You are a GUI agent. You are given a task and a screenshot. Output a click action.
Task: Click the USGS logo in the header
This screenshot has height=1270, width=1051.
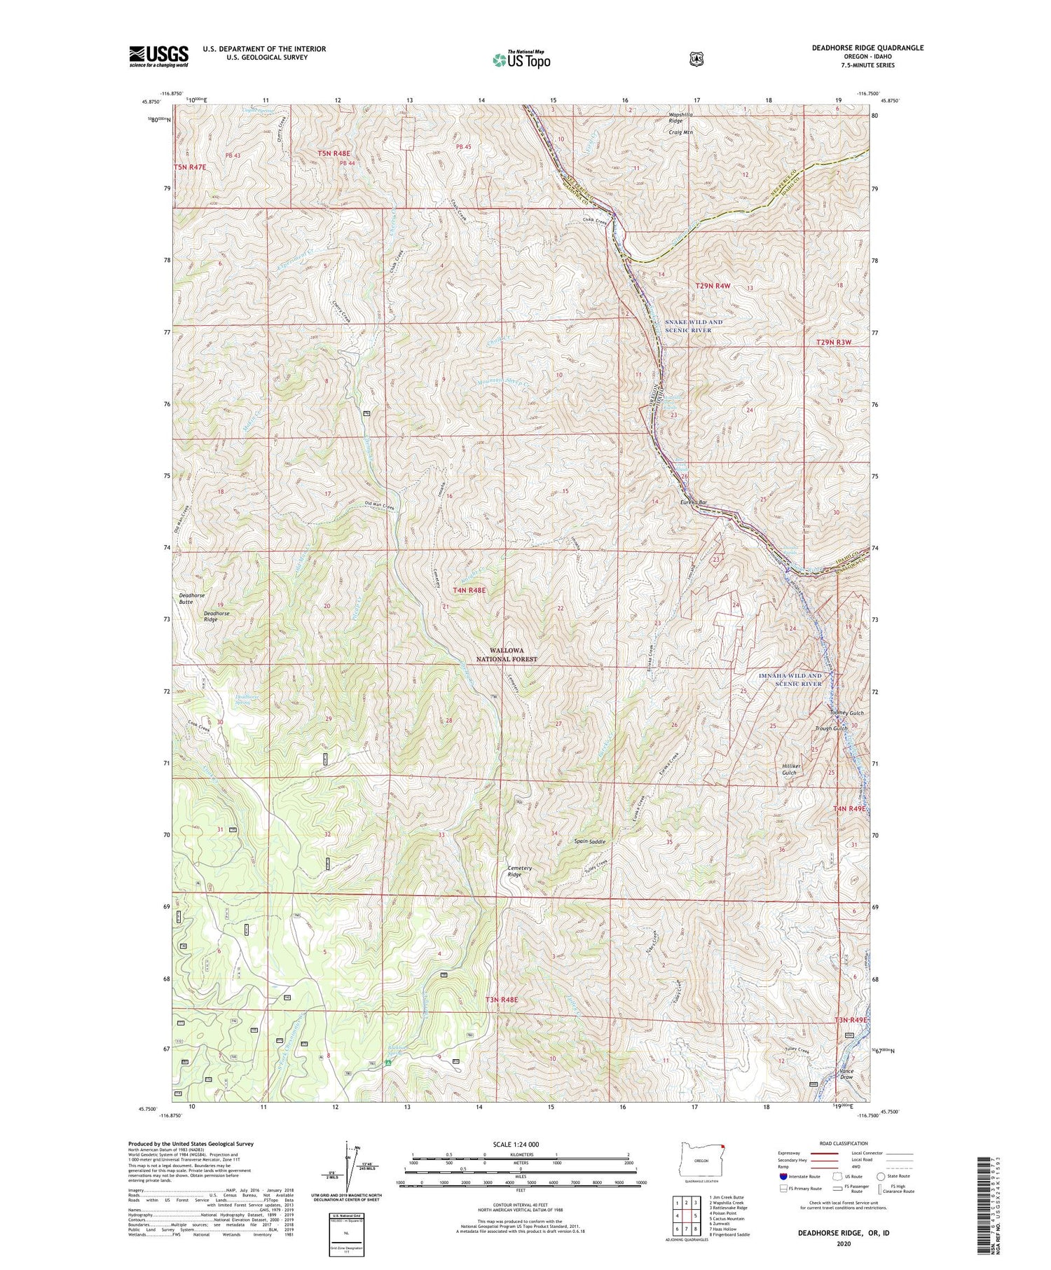coord(159,56)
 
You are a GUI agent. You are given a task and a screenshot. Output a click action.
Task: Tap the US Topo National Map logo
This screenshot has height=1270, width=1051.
coord(521,59)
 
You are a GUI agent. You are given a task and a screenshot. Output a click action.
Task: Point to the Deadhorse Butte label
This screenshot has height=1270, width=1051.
coord(191,598)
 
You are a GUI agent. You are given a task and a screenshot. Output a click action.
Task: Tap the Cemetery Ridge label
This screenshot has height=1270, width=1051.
coord(520,871)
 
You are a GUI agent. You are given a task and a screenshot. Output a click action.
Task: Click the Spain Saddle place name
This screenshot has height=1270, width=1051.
coord(589,841)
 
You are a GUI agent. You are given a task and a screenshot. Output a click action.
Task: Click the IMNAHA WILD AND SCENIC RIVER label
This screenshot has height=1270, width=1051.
coord(790,679)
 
